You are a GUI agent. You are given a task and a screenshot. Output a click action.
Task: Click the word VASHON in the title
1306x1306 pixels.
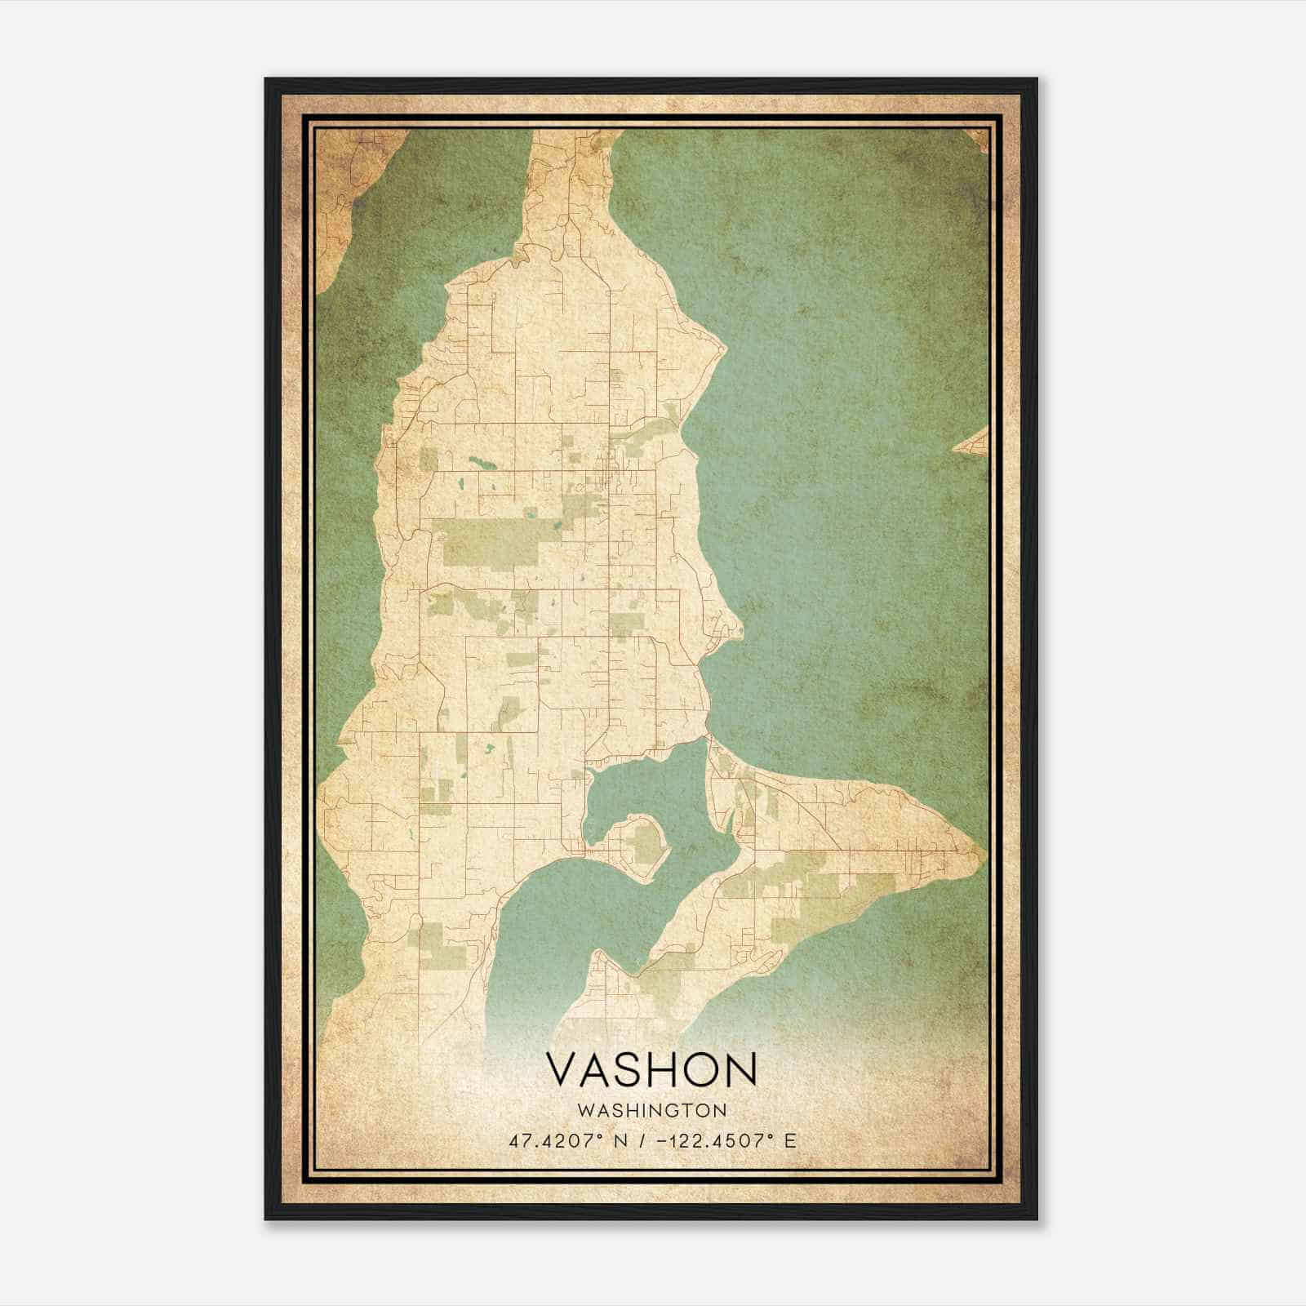pos(651,1069)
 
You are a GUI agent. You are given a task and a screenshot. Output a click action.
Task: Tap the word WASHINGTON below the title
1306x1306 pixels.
pos(651,1110)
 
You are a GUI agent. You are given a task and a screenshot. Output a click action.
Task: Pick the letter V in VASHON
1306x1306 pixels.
pos(563,1069)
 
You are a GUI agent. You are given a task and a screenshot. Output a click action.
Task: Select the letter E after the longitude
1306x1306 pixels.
pos(789,1140)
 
